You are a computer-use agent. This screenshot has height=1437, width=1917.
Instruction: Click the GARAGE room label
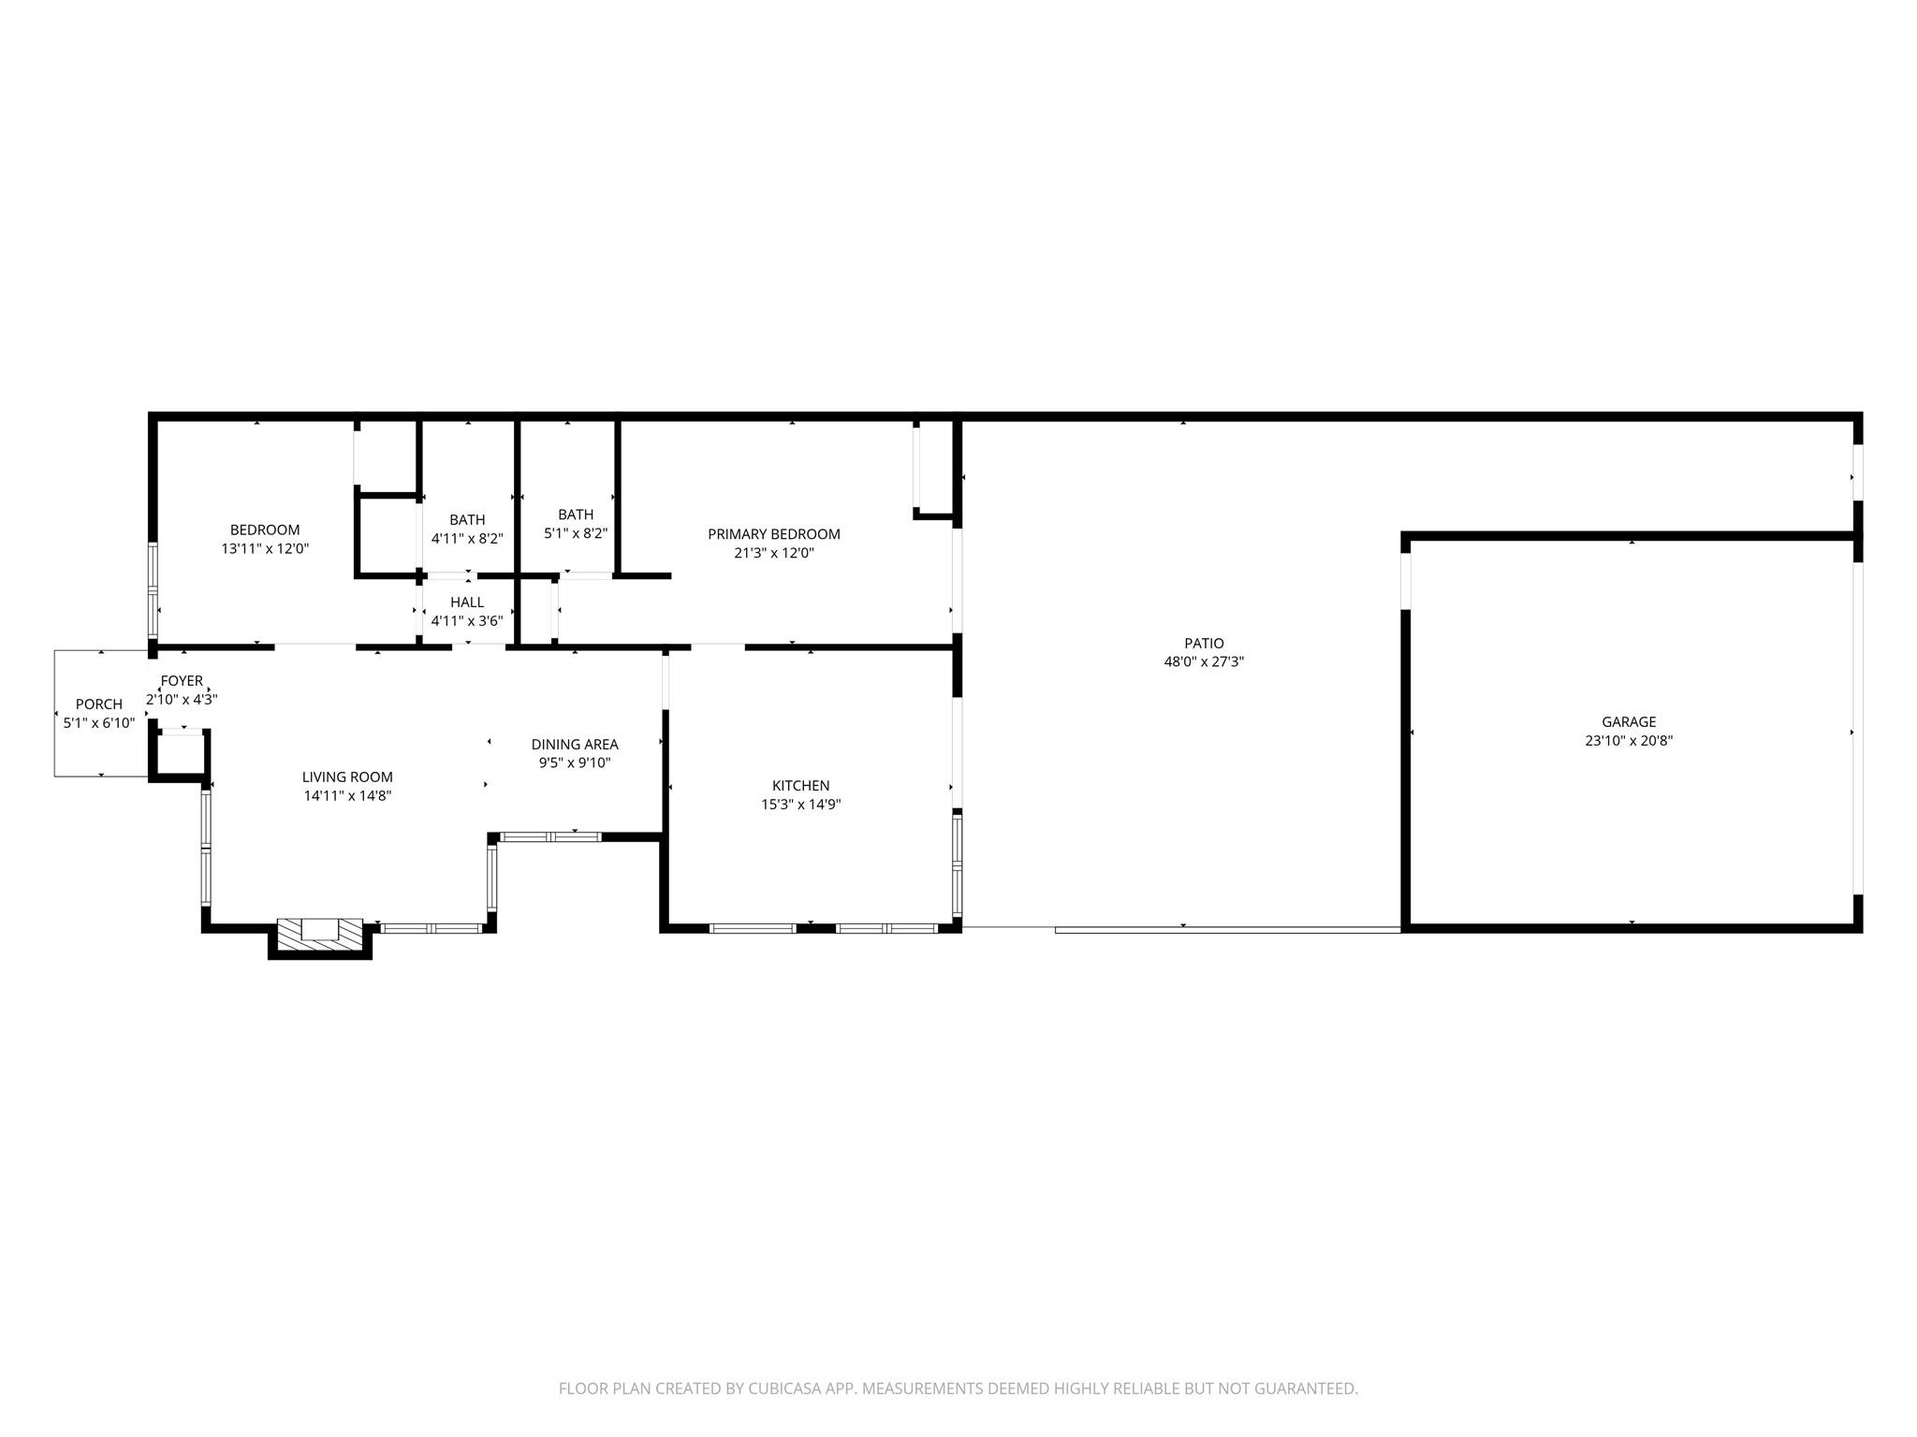(1629, 721)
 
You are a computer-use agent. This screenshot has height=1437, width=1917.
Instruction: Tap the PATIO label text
(1204, 643)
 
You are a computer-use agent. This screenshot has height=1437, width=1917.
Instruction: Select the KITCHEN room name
(800, 786)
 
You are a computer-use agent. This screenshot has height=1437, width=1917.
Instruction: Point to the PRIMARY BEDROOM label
(774, 534)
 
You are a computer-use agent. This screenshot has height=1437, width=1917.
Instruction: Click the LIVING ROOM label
(347, 777)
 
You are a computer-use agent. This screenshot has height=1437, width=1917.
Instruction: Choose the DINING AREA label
(575, 745)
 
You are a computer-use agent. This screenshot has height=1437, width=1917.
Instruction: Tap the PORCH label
(99, 704)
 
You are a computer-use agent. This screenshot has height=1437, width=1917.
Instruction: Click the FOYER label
(182, 681)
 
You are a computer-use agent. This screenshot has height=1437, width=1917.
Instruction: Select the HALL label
(467, 602)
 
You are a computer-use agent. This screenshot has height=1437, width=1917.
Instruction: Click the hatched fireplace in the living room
(320, 934)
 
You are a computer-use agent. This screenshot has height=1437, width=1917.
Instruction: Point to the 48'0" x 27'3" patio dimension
(1204, 661)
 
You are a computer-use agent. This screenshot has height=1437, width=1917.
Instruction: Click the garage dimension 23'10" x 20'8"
(1629, 740)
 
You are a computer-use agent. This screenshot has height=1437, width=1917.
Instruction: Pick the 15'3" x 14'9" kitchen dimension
(800, 804)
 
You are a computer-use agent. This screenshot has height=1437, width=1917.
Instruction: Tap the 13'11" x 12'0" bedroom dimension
(265, 549)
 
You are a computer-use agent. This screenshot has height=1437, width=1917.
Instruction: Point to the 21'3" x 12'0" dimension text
(774, 553)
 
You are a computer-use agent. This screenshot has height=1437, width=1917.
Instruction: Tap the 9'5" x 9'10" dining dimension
(575, 762)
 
